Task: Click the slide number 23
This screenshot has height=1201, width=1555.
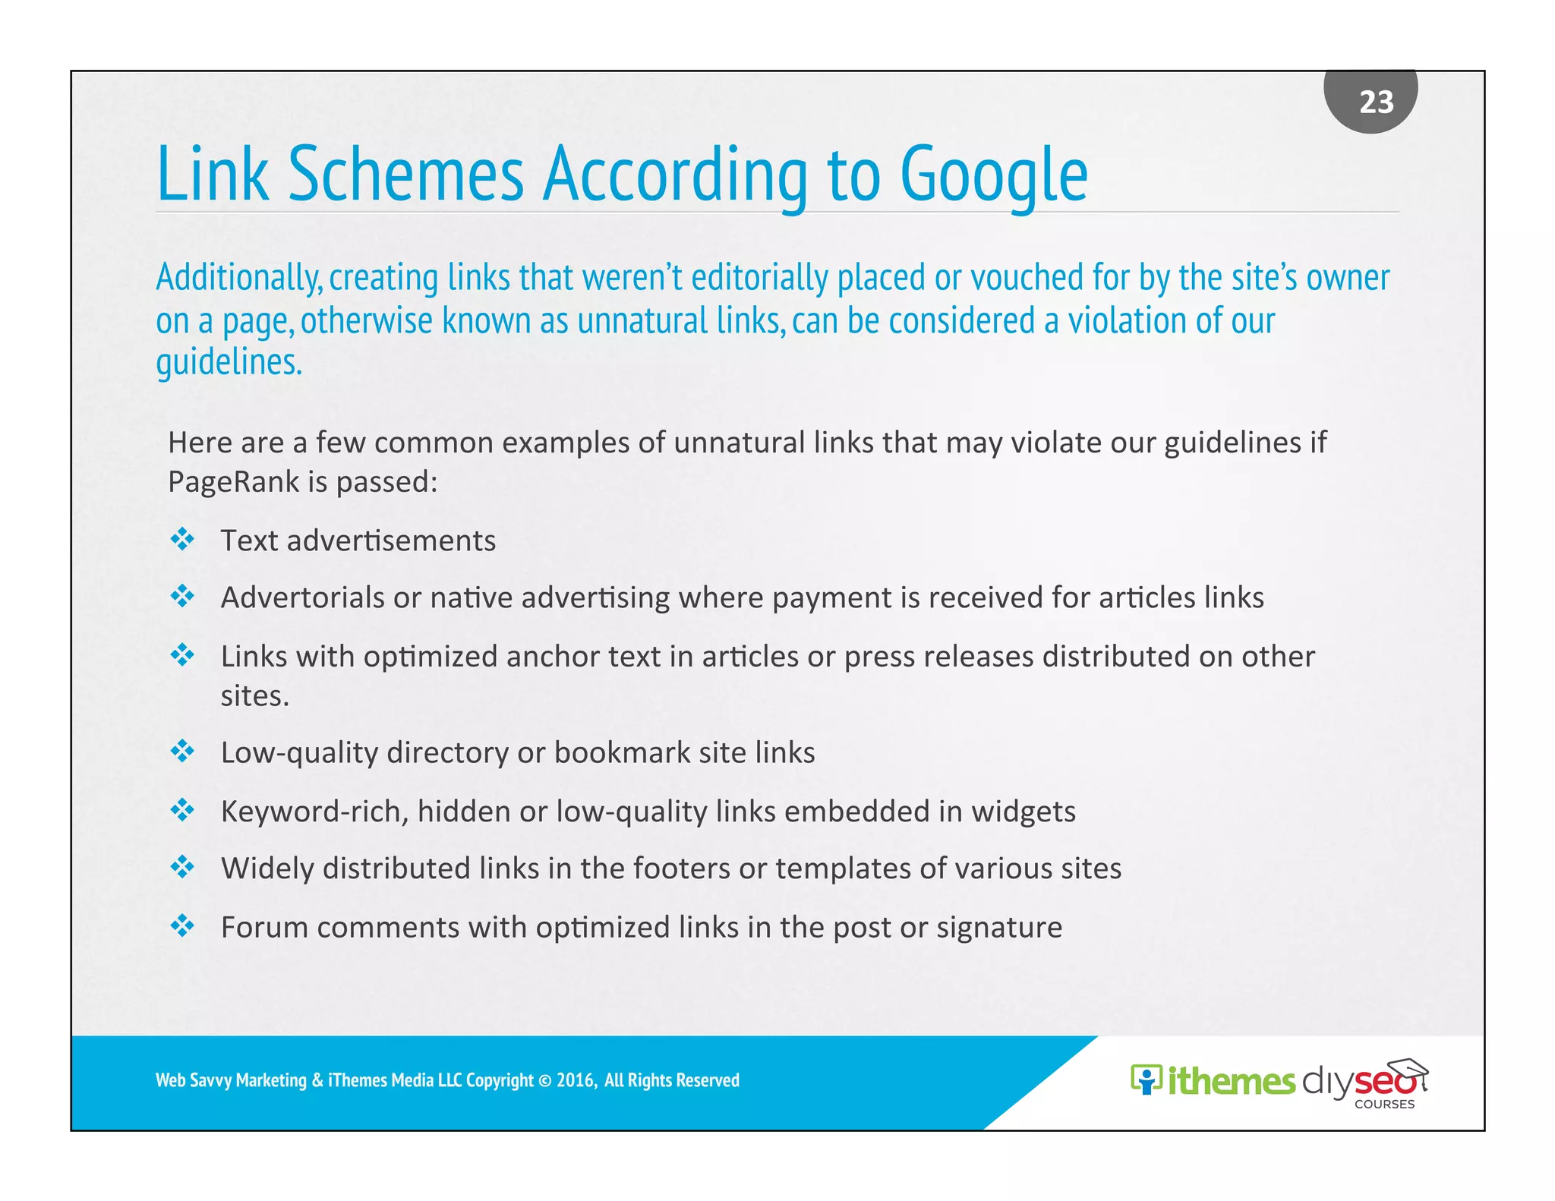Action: click(x=1376, y=102)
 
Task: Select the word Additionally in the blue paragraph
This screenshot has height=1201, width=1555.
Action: click(x=238, y=279)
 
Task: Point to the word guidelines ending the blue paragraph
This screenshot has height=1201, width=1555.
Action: click(x=228, y=363)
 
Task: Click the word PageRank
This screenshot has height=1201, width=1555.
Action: click(x=233, y=482)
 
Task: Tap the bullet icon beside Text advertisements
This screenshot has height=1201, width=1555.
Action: click(x=182, y=540)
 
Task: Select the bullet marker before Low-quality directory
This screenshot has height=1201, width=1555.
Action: click(x=182, y=752)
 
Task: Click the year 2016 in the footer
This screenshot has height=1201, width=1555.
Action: click(x=576, y=1080)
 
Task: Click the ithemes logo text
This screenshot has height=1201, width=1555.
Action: click(x=1230, y=1081)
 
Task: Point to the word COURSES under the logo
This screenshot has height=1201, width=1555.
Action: click(x=1384, y=1105)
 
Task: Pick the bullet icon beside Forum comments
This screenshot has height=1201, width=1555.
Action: click(x=182, y=925)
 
